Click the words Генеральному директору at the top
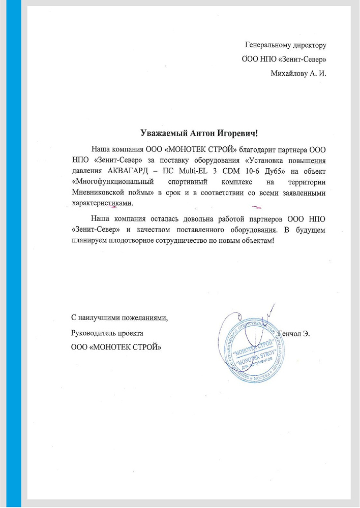coord(285,45)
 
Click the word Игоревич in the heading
coord(234,134)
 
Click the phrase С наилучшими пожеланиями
coord(119,318)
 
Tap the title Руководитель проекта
coord(107,333)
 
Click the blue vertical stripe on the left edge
coord(17,254)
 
